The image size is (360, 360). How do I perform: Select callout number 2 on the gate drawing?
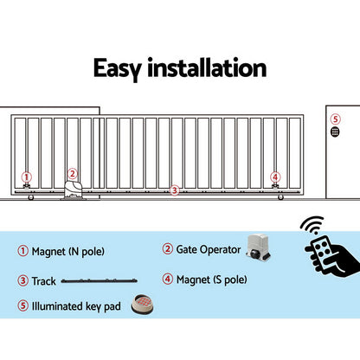pos(73,173)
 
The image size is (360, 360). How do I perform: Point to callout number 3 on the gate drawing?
pos(174,190)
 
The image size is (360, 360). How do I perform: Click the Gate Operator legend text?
pos(208,249)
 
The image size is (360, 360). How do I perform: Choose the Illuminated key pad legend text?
pos(76,305)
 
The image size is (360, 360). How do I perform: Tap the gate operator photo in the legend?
pos(261,247)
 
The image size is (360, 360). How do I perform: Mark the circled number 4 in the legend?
pos(168,279)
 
